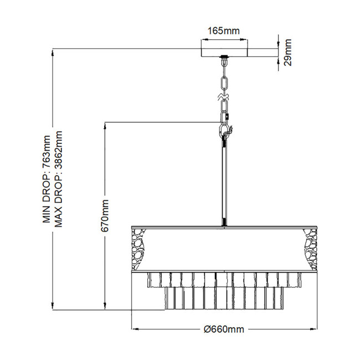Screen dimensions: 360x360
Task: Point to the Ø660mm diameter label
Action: [224, 330]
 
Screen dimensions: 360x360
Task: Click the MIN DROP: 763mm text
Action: [47, 179]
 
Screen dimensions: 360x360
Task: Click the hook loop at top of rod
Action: [224, 131]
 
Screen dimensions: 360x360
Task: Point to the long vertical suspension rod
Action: [224, 183]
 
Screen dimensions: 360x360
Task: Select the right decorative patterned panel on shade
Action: [311, 249]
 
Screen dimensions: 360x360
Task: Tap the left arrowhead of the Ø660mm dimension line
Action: [133, 330]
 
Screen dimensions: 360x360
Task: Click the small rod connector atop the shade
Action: [224, 224]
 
